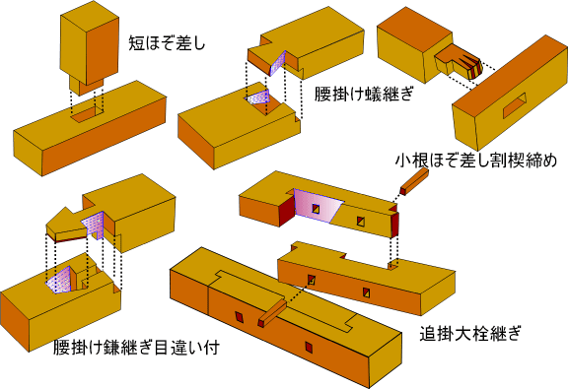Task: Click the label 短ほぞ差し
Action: (167, 43)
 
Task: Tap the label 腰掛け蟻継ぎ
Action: (364, 95)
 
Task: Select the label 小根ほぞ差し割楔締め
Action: (476, 161)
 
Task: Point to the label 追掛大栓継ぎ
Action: (470, 333)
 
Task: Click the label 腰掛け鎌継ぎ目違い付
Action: (136, 348)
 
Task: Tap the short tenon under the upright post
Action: (86, 86)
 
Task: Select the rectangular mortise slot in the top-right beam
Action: (515, 105)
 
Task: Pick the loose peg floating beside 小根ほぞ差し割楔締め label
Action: (414, 182)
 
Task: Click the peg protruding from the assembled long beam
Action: (272, 313)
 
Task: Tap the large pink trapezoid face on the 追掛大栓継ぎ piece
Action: (317, 205)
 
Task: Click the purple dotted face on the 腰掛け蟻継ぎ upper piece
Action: (278, 62)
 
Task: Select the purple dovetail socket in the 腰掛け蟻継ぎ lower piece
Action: (258, 98)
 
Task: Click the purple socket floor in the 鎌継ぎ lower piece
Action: (59, 280)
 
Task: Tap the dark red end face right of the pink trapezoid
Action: (394, 225)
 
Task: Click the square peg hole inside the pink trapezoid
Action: (316, 209)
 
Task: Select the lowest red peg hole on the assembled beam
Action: (309, 347)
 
